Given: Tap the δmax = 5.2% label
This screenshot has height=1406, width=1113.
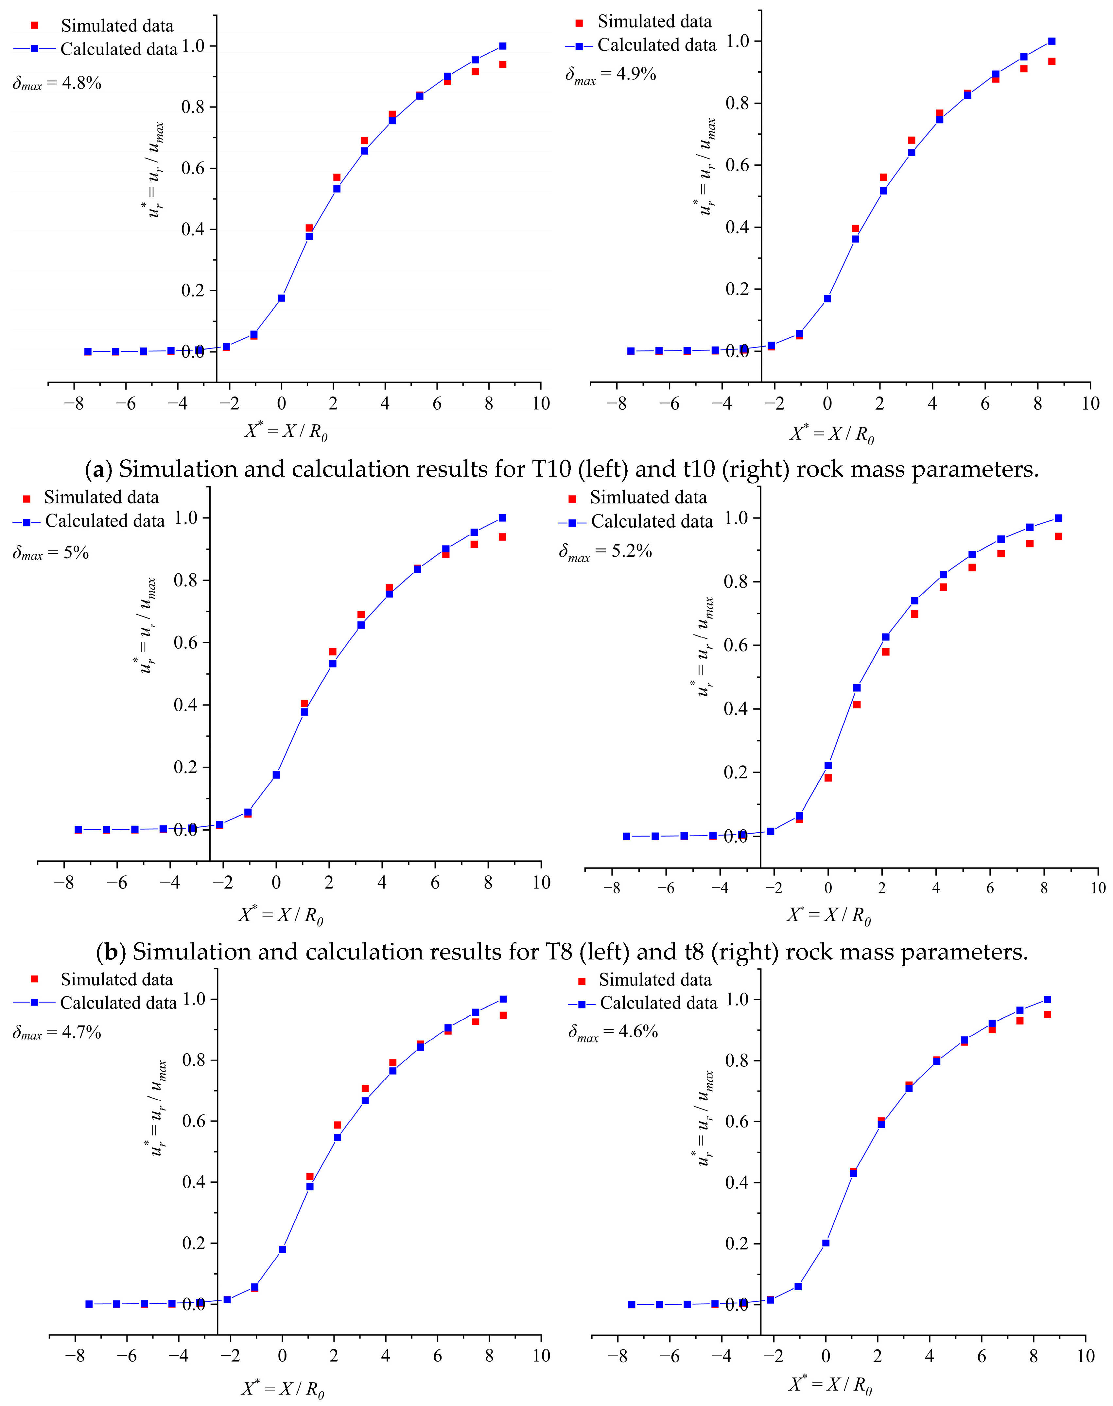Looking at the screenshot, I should click(605, 551).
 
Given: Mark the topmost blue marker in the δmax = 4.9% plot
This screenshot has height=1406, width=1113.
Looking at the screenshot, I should click(1052, 41).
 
